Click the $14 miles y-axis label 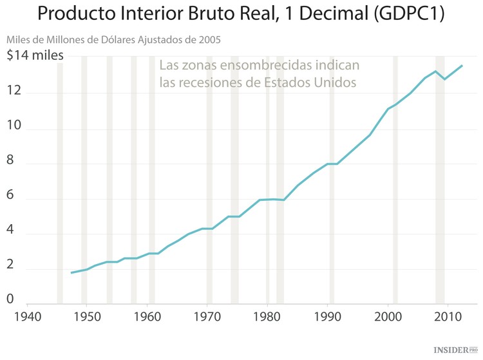[x=35, y=55]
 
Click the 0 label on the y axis [x=10, y=299]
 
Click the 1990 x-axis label [x=328, y=316]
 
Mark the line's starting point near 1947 [x=71, y=273]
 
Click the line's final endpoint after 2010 [x=462, y=65]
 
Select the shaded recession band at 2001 [x=395, y=180]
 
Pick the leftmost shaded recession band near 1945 [x=60, y=180]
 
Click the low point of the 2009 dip [x=444, y=79]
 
